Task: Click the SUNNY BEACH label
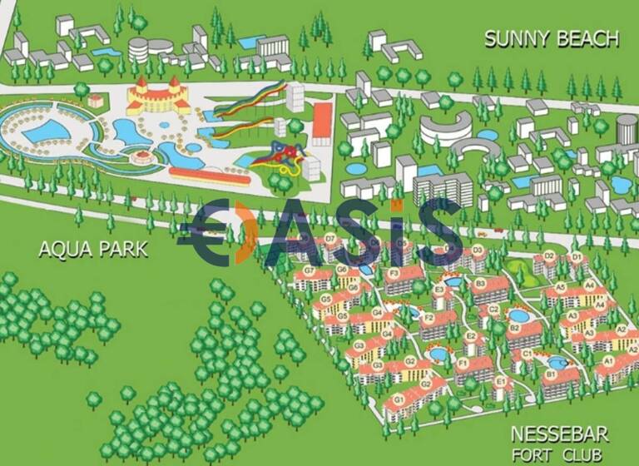coord(552,38)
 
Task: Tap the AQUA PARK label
coord(93,249)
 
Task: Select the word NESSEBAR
coord(559,434)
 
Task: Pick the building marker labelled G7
coord(309,271)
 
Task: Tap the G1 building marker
coord(399,400)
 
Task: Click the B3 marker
coord(480,283)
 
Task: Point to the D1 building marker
coord(576,257)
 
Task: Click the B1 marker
coord(550,374)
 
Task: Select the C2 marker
coord(493,310)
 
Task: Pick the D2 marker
coord(549,255)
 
